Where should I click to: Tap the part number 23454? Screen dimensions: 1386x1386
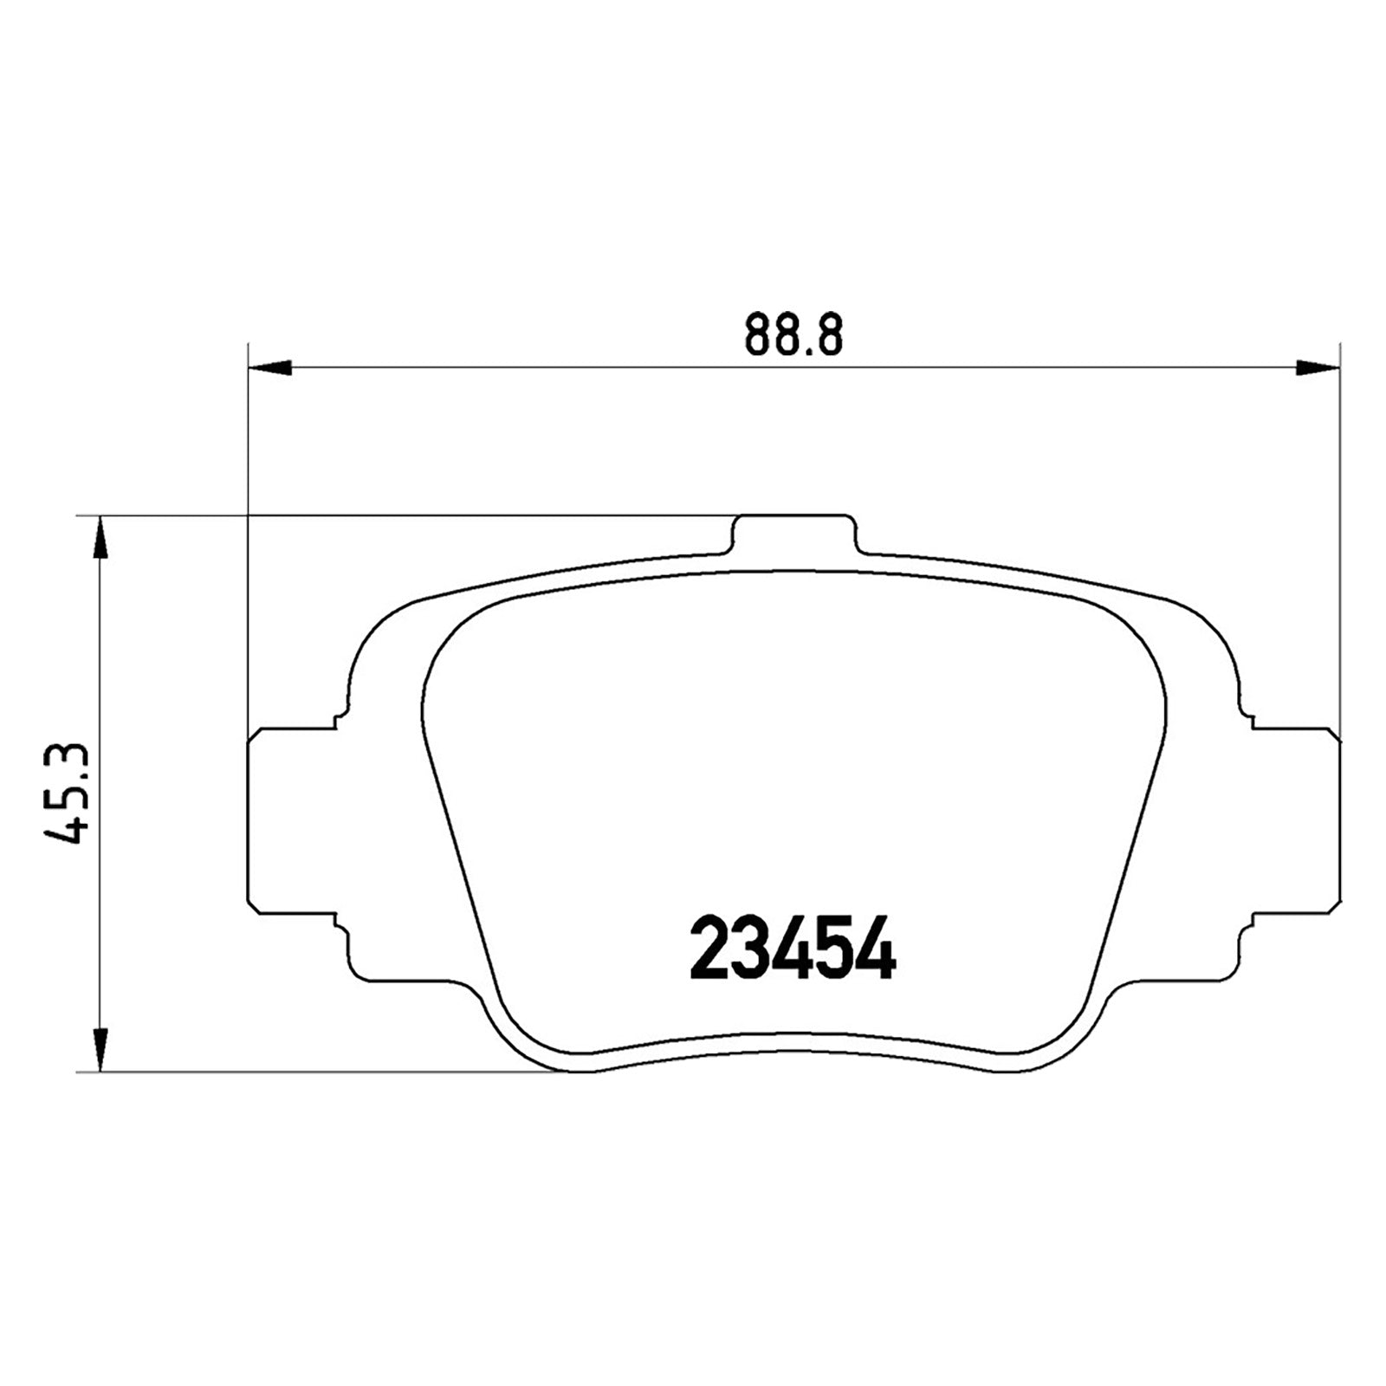[792, 949]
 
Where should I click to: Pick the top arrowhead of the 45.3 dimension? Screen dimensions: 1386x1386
[101, 538]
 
